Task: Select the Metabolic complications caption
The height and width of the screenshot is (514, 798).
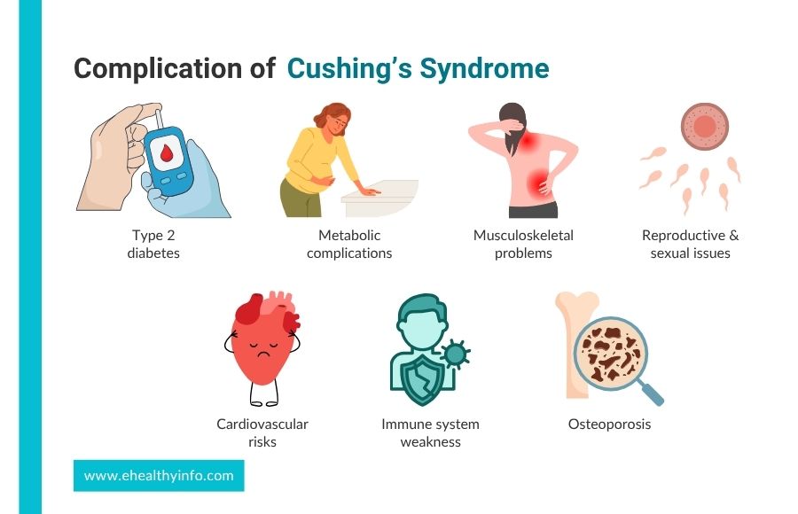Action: [349, 244]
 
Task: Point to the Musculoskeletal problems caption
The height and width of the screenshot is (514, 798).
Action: [523, 244]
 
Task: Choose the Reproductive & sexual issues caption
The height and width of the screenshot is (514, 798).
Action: [690, 244]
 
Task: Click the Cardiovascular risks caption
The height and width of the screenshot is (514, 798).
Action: [262, 432]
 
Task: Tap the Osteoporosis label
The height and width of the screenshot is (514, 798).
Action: [609, 424]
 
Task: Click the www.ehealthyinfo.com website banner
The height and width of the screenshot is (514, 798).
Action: [159, 476]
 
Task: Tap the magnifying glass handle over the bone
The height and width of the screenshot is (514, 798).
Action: [651, 391]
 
